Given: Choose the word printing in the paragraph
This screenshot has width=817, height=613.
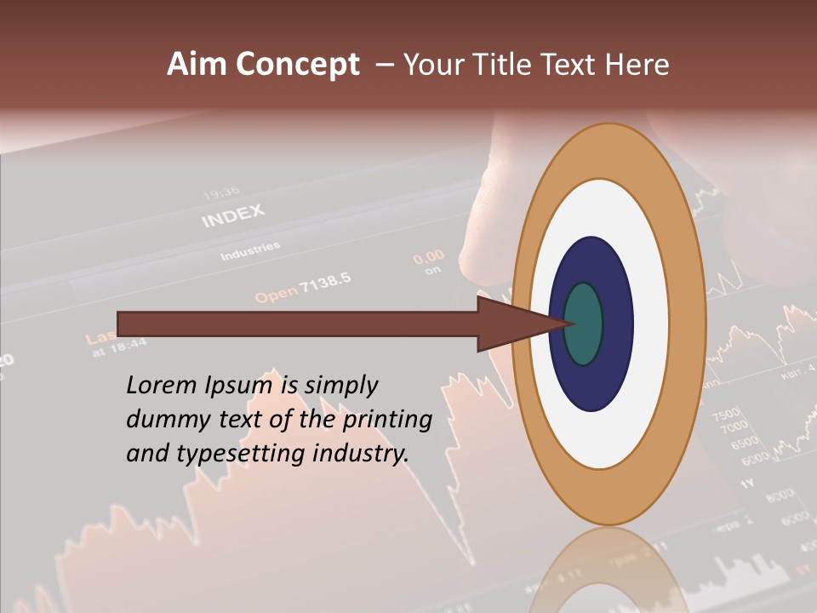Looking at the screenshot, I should [387, 420].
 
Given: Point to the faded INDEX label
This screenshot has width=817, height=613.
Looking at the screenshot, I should [232, 216].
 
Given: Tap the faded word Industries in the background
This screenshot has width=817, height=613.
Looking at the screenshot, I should [249, 252].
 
